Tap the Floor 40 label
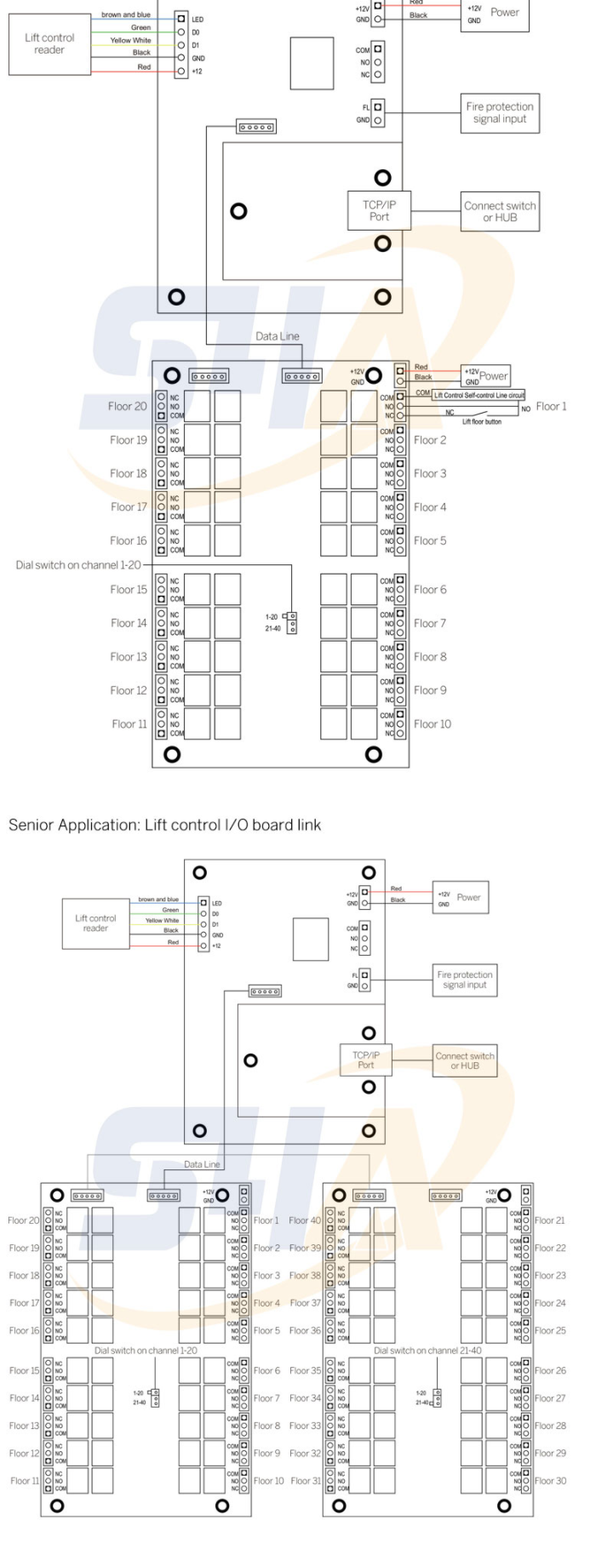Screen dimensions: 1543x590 click(x=305, y=1220)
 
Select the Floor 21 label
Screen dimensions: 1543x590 click(x=550, y=1220)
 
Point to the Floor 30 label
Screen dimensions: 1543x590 click(x=550, y=1481)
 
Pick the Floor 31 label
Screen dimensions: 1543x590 click(x=306, y=1481)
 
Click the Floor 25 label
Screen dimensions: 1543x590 click(x=550, y=1330)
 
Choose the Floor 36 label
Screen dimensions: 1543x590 click(x=305, y=1330)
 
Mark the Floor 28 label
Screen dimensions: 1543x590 click(x=550, y=1426)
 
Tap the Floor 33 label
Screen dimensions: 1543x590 click(x=305, y=1426)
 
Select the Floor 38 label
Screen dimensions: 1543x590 click(x=305, y=1276)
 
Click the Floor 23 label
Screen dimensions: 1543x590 click(x=550, y=1276)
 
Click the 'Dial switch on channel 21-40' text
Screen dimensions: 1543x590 click(x=427, y=1351)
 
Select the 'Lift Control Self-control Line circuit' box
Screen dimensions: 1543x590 click(x=478, y=395)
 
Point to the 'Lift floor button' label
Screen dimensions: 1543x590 click(x=482, y=421)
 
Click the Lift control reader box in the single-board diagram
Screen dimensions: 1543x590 click(x=49, y=44)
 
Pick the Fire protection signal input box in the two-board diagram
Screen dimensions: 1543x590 click(x=465, y=980)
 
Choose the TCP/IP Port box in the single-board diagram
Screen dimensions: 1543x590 click(x=379, y=210)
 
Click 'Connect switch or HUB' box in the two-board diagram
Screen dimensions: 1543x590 click(x=465, y=1060)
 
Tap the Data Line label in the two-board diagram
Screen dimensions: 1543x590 click(x=202, y=1164)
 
